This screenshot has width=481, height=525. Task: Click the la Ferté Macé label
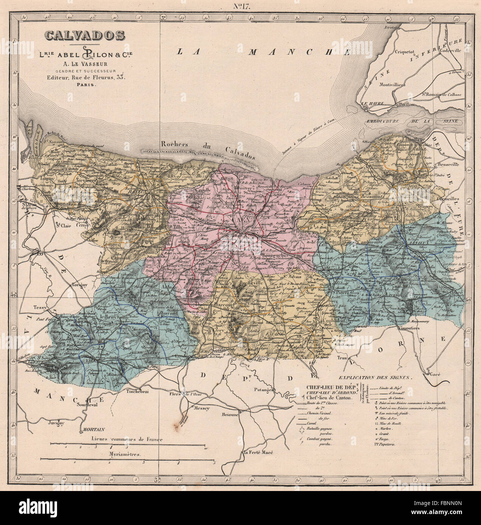click(258, 453)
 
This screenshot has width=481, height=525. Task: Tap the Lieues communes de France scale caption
click(127, 439)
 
